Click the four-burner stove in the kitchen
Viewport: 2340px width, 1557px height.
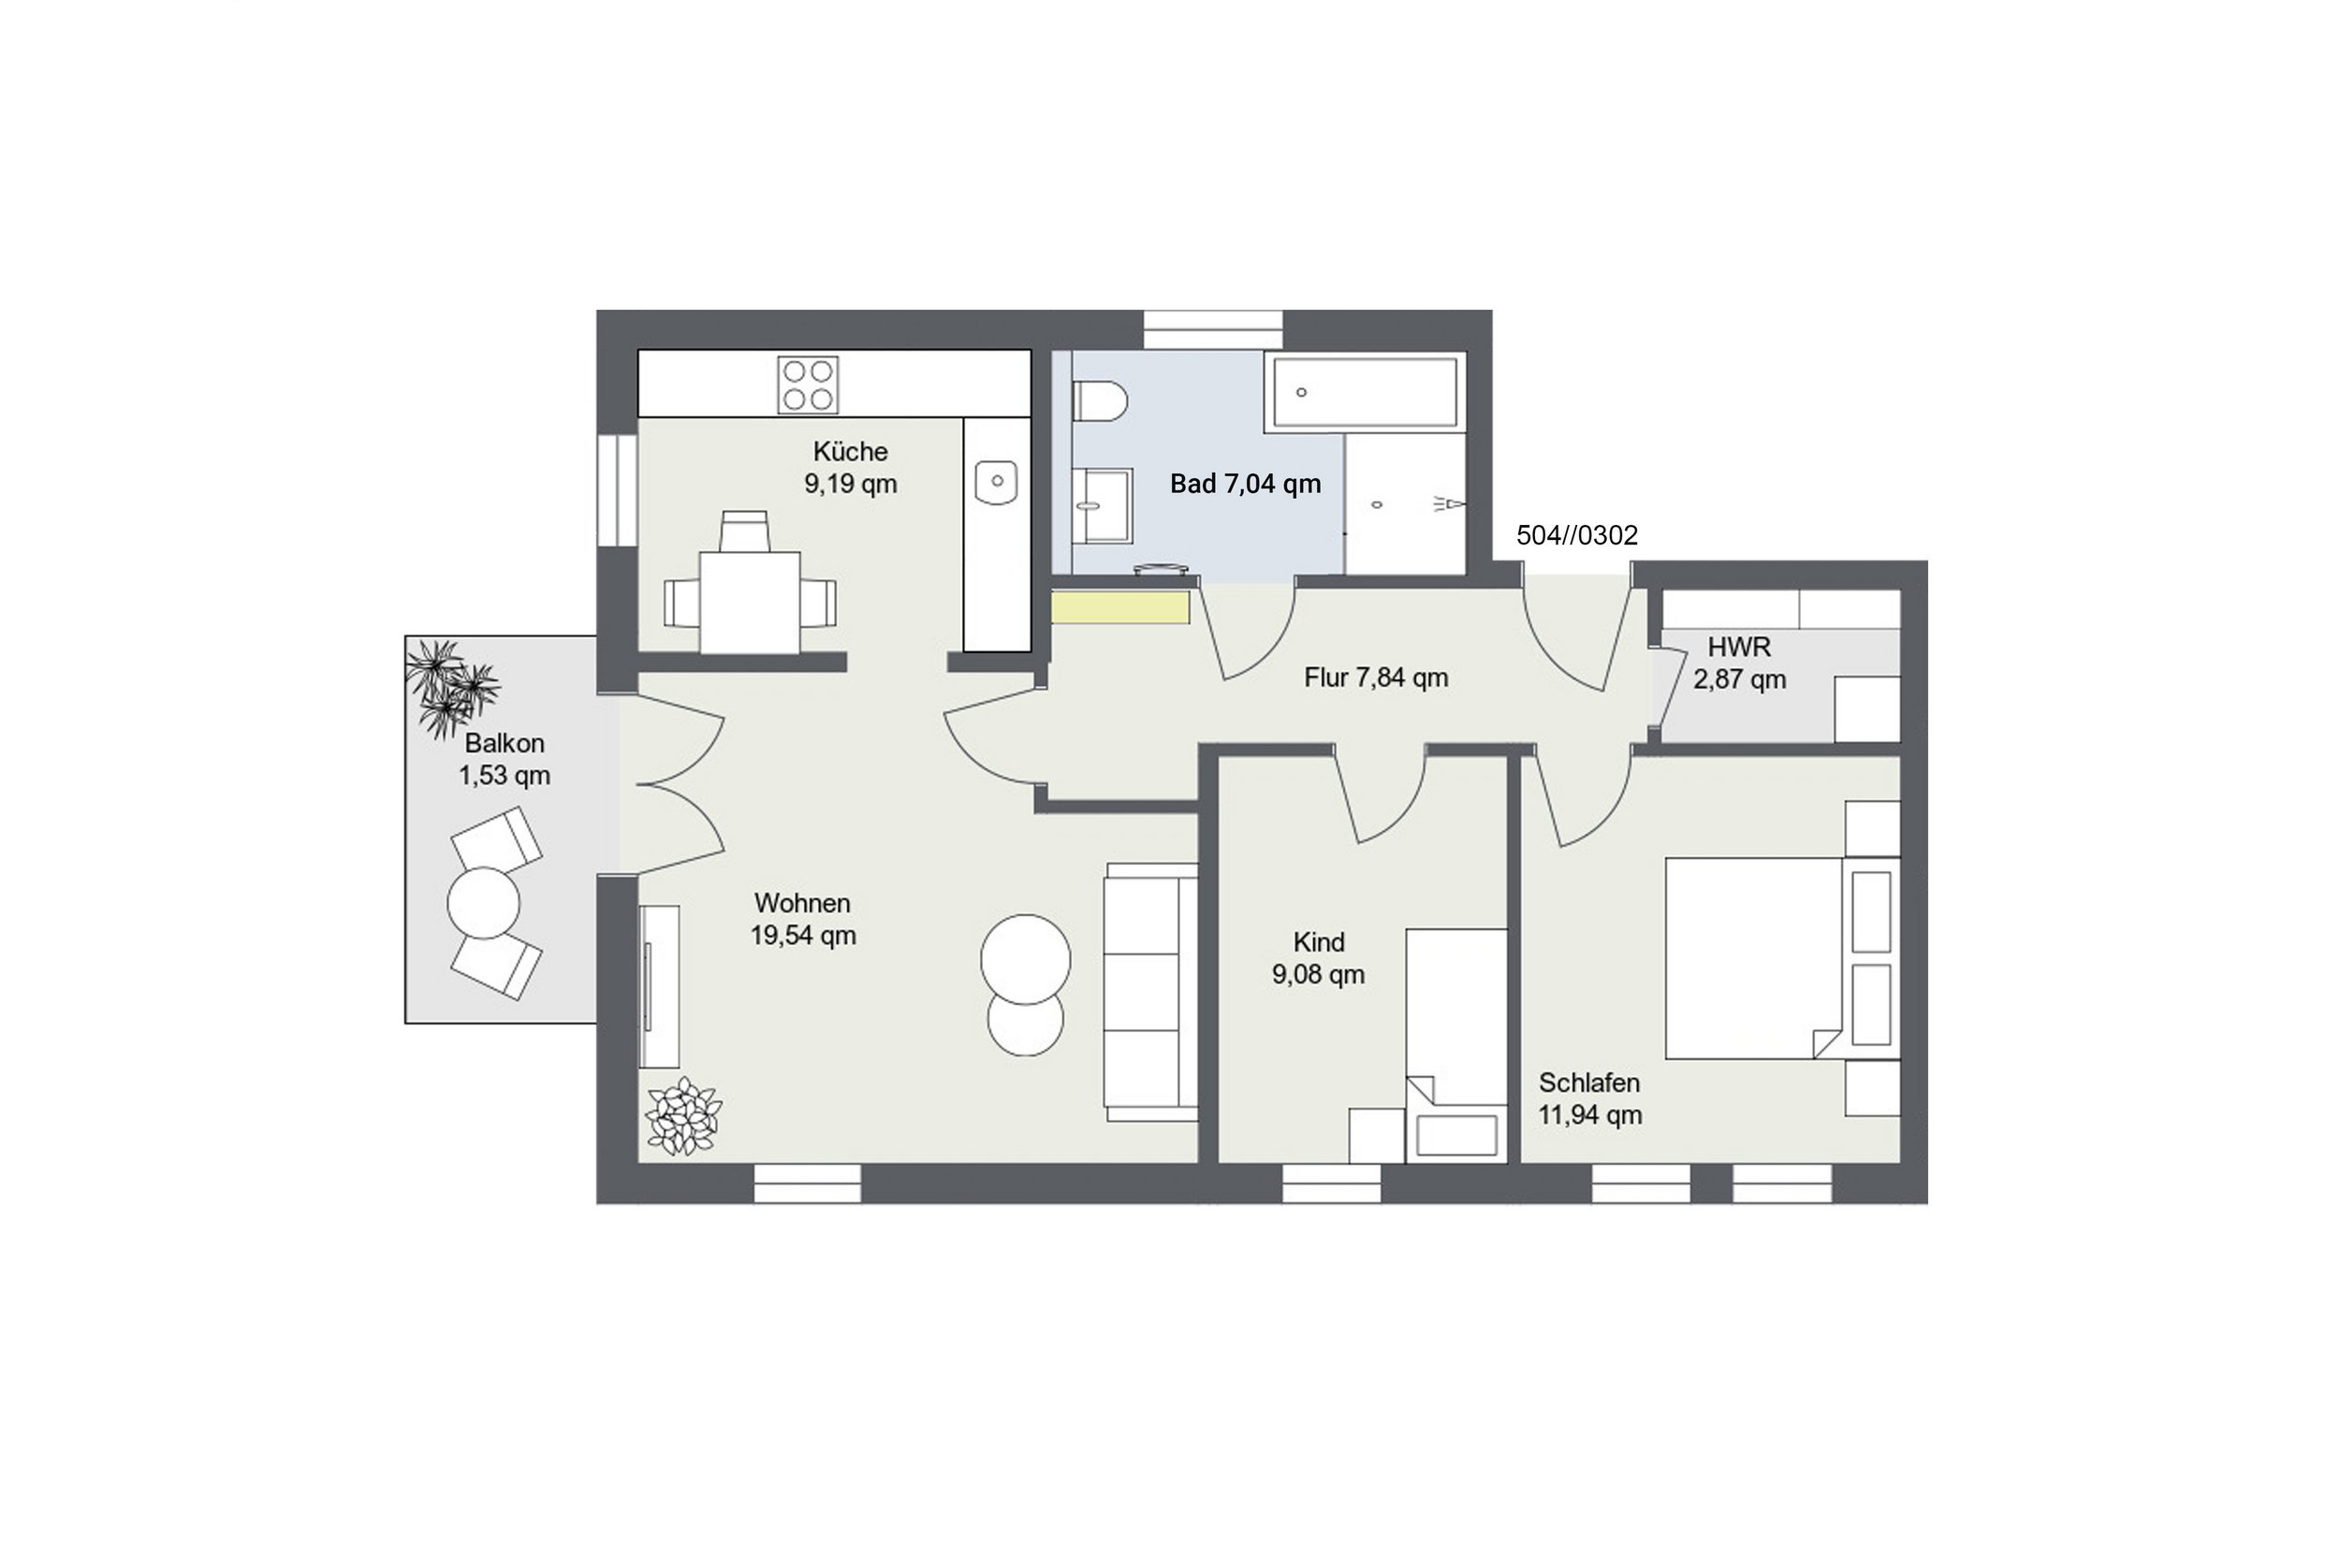(x=808, y=385)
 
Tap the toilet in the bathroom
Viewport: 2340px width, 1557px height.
(x=1100, y=401)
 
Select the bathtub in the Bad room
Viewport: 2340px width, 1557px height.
(x=1365, y=392)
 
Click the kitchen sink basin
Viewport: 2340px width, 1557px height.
(x=996, y=482)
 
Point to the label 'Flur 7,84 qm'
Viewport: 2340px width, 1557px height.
(x=1376, y=677)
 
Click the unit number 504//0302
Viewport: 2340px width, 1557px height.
(x=1576, y=535)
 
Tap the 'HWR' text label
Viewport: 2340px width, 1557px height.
(x=1739, y=647)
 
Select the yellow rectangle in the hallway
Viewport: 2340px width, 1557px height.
(x=1120, y=607)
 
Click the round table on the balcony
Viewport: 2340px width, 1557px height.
(x=484, y=903)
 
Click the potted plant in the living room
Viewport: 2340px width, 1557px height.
(x=683, y=1116)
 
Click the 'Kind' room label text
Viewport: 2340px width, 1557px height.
(x=1318, y=941)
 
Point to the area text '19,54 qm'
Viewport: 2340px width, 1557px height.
(x=802, y=936)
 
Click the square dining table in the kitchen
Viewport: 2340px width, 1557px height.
(x=750, y=603)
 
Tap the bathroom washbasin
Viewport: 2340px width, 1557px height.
(x=1102, y=506)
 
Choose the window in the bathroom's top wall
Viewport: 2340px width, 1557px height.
(x=1213, y=329)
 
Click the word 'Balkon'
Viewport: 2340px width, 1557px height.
(x=505, y=743)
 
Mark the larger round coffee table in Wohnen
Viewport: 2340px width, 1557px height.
(x=1025, y=959)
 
